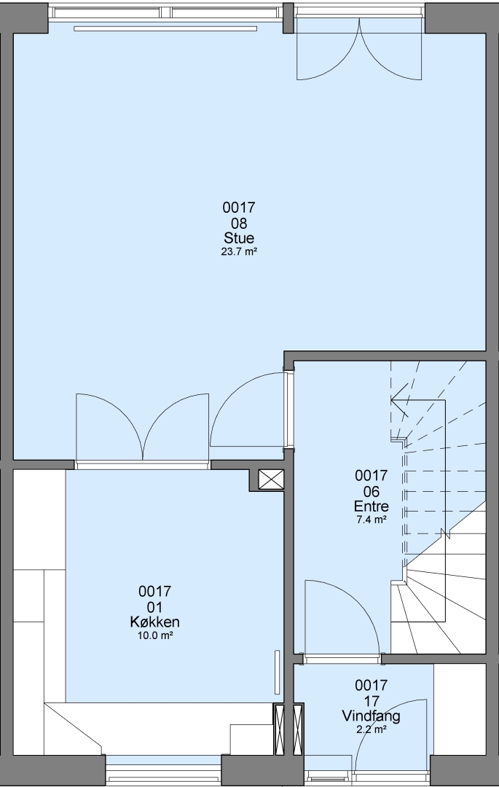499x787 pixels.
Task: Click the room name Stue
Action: tap(239, 238)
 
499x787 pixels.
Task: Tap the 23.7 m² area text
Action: tap(239, 252)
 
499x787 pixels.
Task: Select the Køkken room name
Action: tap(155, 622)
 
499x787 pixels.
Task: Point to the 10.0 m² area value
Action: tap(155, 636)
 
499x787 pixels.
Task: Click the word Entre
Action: tap(371, 506)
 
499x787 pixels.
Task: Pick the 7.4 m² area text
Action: tap(371, 520)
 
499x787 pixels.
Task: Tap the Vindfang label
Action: tap(371, 716)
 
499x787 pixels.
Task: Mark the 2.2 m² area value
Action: tap(371, 729)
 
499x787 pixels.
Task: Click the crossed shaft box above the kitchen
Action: tap(271, 480)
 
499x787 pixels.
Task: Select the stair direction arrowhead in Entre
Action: tap(398, 400)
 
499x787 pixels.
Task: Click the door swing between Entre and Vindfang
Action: tap(341, 617)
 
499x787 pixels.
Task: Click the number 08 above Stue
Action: tap(239, 223)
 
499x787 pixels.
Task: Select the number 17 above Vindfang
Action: tap(371, 701)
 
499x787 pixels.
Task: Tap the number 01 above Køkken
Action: tap(155, 607)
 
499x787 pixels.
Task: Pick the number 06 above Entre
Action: tap(371, 491)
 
